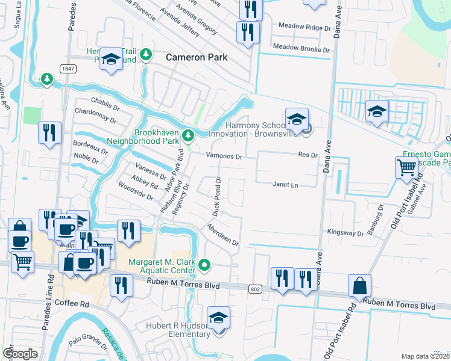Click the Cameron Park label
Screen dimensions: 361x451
tap(197, 57)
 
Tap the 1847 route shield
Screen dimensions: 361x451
tap(68, 69)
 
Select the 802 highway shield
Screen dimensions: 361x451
tap(254, 289)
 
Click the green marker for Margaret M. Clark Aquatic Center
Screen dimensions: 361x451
tap(205, 264)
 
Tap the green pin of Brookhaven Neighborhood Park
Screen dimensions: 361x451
tap(188, 134)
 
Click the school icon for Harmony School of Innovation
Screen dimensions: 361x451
tap(297, 120)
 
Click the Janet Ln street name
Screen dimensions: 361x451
tap(285, 185)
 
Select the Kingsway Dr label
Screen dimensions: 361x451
tap(345, 232)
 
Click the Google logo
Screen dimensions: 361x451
tap(20, 353)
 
